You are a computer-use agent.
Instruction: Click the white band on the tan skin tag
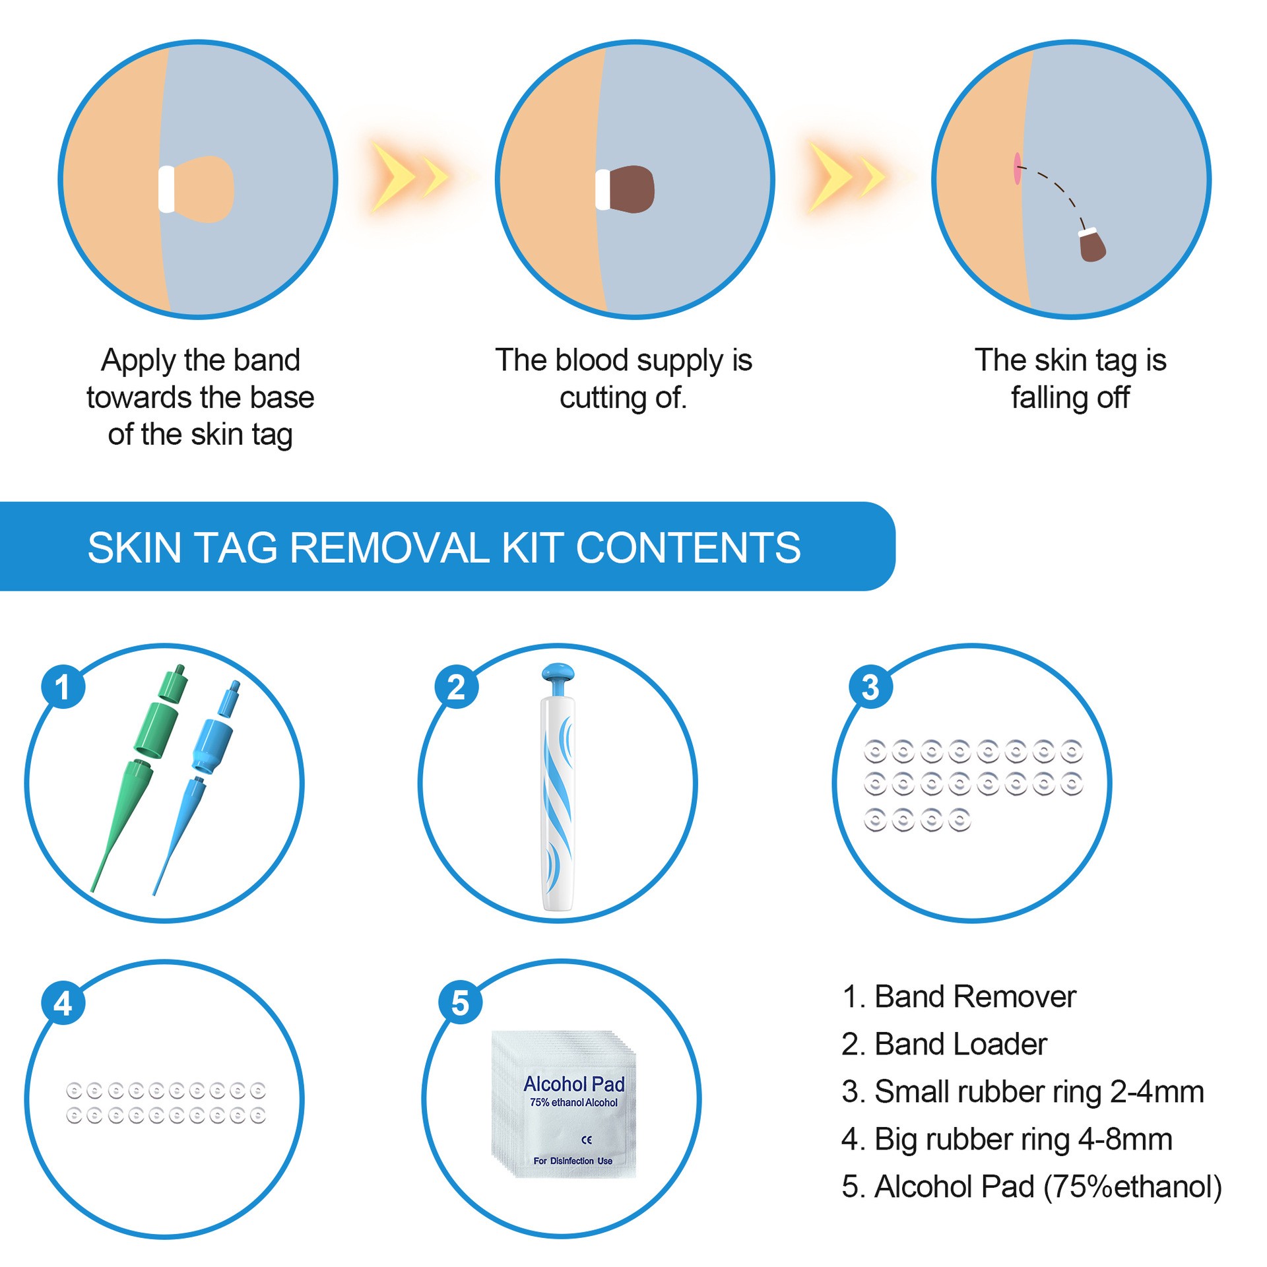coord(167,189)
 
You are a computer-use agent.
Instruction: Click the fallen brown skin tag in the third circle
coord(1092,246)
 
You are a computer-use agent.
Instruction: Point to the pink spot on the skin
coord(1017,169)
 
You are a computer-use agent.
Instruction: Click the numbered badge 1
coord(63,687)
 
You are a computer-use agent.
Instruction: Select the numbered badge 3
coord(870,687)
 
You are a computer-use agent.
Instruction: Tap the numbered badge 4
coord(63,1002)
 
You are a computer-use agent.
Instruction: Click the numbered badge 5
coord(460,1002)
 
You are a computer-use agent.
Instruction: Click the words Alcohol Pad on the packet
coord(573,1084)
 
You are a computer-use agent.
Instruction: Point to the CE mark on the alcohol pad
coord(587,1140)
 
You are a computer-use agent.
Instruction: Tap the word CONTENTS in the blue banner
coord(688,548)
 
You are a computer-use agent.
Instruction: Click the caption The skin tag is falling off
coord(1070,379)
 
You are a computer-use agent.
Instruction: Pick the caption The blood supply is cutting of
coord(624,379)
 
